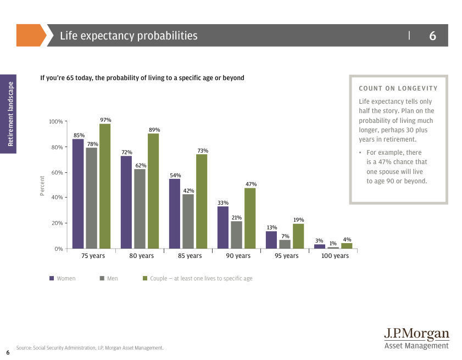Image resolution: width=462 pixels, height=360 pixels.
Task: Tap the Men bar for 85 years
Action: pyautogui.click(x=188, y=221)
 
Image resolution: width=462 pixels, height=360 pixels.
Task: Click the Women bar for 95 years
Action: pyautogui.click(x=271, y=240)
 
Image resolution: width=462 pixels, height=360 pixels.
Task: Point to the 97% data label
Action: pyautogui.click(x=105, y=120)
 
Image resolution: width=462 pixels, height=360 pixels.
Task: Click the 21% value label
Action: pyautogui.click(x=237, y=218)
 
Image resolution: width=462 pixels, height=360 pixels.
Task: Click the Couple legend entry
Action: pyautogui.click(x=197, y=279)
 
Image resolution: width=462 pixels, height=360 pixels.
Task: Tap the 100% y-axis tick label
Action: pyautogui.click(x=56, y=121)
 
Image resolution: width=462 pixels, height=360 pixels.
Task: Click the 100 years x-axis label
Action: pyautogui.click(x=335, y=256)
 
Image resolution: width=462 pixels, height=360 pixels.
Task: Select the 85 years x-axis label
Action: pyautogui.click(x=190, y=256)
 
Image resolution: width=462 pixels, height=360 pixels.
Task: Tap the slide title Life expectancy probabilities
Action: pyautogui.click(x=129, y=36)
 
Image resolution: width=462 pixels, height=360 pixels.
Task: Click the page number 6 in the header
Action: pyautogui.click(x=432, y=36)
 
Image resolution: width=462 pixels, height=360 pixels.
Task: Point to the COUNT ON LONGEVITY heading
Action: pyautogui.click(x=398, y=88)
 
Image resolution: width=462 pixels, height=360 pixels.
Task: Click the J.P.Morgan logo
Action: pyautogui.click(x=416, y=338)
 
